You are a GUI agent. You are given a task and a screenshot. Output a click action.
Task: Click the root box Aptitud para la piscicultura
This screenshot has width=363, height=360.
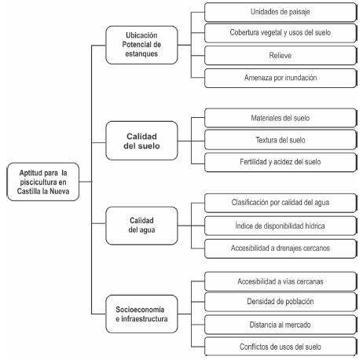tap(42, 183)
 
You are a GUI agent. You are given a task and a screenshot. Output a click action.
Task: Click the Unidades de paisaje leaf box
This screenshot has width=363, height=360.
tap(280, 11)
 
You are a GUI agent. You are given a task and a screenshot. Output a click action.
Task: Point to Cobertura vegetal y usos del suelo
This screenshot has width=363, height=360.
tap(280, 34)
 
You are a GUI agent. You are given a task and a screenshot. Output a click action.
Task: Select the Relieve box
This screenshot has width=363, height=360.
tap(280, 56)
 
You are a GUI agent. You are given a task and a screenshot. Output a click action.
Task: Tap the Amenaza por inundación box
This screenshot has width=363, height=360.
tap(280, 78)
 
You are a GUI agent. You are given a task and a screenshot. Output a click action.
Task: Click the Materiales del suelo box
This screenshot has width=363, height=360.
tap(280, 118)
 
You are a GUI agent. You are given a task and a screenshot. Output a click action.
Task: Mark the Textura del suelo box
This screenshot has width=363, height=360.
tap(280, 140)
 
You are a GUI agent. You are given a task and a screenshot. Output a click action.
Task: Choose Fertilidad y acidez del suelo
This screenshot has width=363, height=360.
tap(280, 162)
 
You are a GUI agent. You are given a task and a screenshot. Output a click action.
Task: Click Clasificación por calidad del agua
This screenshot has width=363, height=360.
tap(280, 204)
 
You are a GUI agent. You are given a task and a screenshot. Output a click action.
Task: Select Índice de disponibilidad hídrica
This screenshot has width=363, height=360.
tap(280, 226)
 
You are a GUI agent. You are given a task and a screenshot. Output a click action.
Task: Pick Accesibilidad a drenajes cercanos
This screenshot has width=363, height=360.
tap(280, 248)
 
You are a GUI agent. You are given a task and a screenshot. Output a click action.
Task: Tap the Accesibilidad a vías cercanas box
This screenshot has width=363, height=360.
tap(280, 280)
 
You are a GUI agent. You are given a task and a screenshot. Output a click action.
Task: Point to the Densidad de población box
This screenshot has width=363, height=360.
tap(280, 302)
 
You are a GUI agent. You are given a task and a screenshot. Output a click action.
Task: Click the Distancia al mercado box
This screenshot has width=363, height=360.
tap(280, 324)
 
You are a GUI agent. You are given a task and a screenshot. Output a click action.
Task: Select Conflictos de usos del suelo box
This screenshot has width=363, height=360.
tap(280, 346)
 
